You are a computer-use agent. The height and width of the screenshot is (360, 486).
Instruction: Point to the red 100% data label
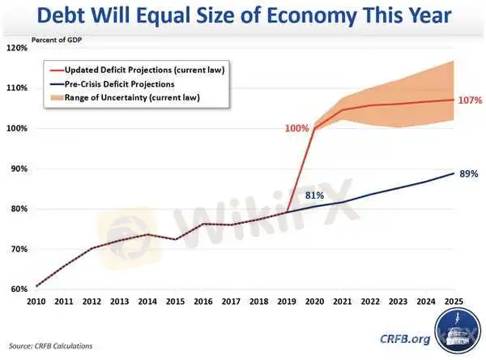(297, 128)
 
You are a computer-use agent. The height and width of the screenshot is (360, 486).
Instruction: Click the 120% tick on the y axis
(16, 48)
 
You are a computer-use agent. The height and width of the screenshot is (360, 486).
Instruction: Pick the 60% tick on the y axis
(18, 289)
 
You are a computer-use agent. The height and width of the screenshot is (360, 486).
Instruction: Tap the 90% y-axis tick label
(18, 169)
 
